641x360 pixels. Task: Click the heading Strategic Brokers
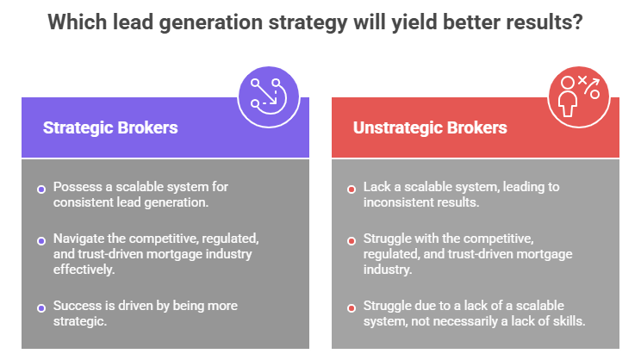[110, 127]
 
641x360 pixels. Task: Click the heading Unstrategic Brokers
[430, 127]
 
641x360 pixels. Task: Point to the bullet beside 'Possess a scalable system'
[40, 189]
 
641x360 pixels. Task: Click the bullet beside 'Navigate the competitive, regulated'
[40, 241]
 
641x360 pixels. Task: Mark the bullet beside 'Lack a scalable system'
[351, 189]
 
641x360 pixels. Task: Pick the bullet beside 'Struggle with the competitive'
[351, 241]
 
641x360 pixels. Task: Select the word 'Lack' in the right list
[377, 186]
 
